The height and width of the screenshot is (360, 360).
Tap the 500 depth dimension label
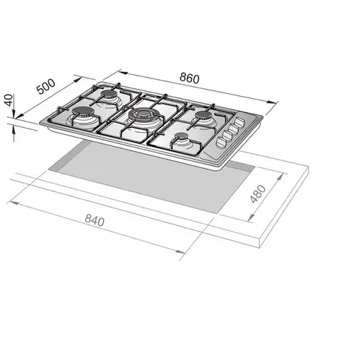[46, 89]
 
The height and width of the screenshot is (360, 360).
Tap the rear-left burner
[111, 97]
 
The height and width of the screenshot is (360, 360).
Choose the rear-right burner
[205, 115]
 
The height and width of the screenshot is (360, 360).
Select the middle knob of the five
[230, 132]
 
